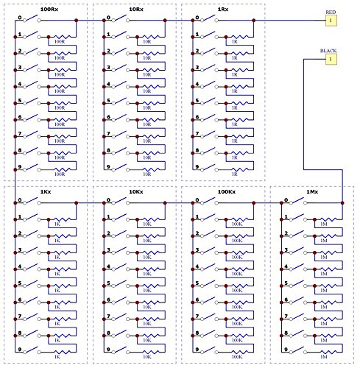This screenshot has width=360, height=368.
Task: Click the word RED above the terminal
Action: pos(331,13)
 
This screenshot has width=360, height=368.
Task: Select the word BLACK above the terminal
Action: pos(329,51)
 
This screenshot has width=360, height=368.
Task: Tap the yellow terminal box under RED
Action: pos(331,21)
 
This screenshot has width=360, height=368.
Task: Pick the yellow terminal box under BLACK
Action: pos(331,59)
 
